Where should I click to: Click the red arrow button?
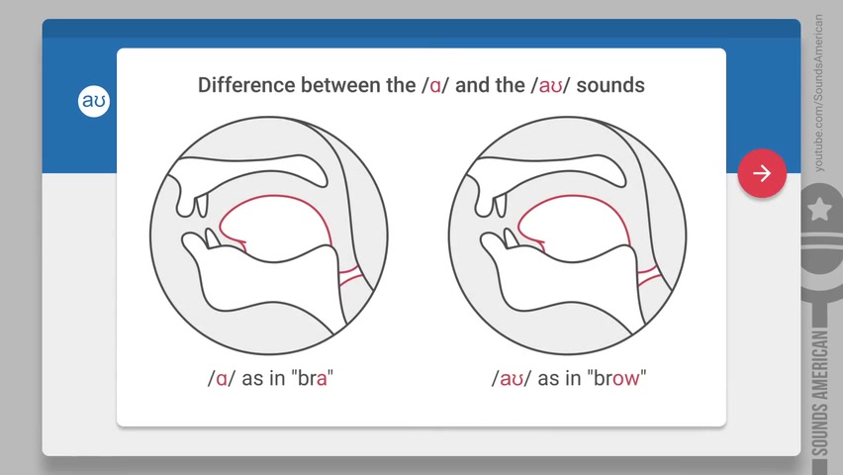[762, 173]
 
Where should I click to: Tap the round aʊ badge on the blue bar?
[94, 101]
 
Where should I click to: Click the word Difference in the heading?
[246, 85]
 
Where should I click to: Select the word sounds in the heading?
[610, 85]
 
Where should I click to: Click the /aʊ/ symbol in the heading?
[549, 85]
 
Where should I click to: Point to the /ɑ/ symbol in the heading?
[435, 85]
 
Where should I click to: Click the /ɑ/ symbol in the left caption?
[222, 378]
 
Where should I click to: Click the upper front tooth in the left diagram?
[202, 206]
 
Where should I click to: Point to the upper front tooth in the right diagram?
[500, 206]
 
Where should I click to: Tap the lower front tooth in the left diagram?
[212, 238]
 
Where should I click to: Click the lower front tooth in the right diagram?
[511, 238]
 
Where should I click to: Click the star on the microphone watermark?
[819, 209]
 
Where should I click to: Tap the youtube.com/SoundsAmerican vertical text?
[818, 93]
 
